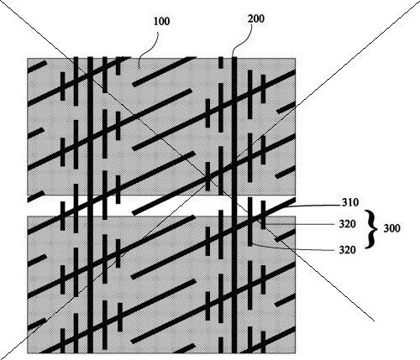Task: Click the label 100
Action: point(162,22)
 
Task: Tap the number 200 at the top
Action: point(256,18)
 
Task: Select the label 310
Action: point(350,202)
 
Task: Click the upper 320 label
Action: point(348,224)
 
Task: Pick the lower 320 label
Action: point(348,249)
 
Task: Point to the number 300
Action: point(391,228)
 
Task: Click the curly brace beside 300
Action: point(370,229)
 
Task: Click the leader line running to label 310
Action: point(312,206)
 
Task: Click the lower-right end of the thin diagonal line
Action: point(375,321)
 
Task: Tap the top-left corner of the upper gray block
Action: point(28,58)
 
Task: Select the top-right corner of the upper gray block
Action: point(296,58)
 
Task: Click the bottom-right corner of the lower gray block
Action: point(296,353)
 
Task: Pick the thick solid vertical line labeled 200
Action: point(234,205)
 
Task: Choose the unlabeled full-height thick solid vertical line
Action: point(90,205)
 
